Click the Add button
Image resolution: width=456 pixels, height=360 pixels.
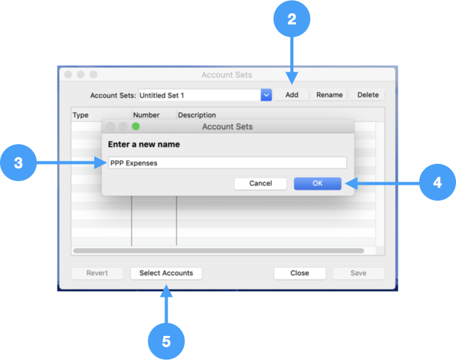[x=292, y=95]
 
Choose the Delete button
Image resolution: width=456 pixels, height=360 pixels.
[x=367, y=95]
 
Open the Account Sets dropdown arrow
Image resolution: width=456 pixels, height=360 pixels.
[x=266, y=95]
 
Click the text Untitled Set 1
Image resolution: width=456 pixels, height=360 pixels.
[x=162, y=96]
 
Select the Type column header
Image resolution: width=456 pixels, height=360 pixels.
[x=81, y=115]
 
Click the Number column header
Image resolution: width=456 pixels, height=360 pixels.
[x=146, y=115]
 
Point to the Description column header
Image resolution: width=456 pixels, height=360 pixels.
[x=197, y=115]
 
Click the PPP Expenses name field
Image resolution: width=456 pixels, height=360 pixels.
[x=227, y=163]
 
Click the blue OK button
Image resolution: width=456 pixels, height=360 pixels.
[x=317, y=183]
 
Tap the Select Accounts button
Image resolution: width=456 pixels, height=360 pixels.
[x=166, y=273]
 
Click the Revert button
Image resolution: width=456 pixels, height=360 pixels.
[x=97, y=273]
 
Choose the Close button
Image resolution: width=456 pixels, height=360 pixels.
[x=300, y=273]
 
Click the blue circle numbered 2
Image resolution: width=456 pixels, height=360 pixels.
[x=292, y=19]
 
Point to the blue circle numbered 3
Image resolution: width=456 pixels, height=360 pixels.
[x=18, y=163]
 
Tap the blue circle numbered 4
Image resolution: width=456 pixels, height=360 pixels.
[x=437, y=183]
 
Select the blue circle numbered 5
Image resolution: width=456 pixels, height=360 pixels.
[x=166, y=342]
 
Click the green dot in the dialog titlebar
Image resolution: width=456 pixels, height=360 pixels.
[x=135, y=127]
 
